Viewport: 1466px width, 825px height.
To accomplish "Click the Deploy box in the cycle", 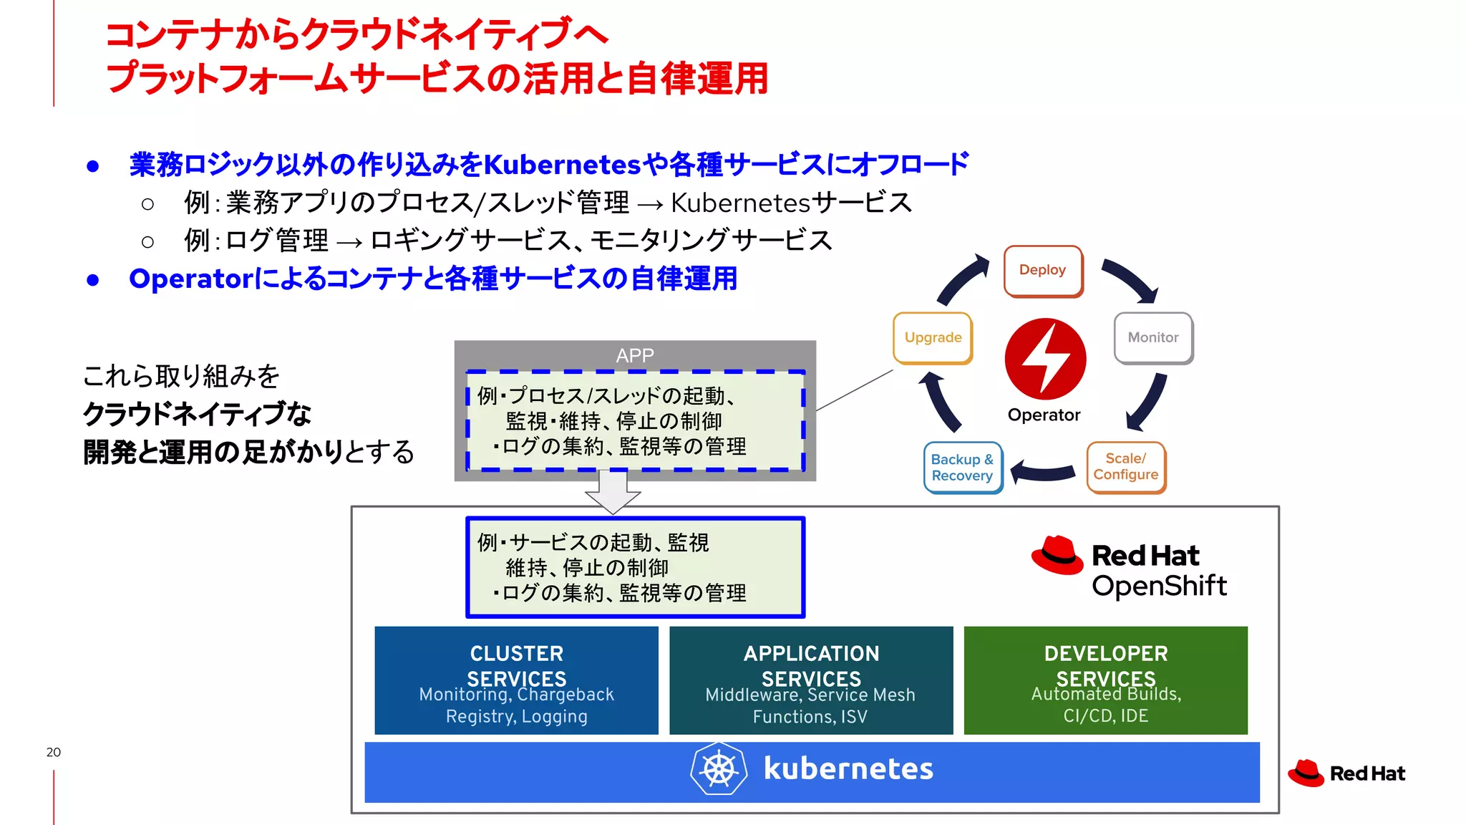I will point(1043,271).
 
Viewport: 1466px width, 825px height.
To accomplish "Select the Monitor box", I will point(1153,337).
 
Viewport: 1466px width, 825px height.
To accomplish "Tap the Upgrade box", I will point(933,337).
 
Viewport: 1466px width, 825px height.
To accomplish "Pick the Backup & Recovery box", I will point(962,468).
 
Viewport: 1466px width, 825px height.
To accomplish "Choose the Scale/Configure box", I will point(1125,467).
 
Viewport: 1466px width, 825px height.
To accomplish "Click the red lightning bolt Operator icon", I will point(1045,359).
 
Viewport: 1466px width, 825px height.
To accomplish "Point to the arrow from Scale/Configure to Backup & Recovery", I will point(1043,472).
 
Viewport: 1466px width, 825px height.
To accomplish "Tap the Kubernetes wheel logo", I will point(719,769).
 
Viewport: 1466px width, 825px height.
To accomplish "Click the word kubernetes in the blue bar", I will point(848,769).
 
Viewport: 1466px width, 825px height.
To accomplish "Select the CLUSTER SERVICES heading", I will point(516,665).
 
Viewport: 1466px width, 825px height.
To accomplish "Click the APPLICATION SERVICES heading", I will point(811,665).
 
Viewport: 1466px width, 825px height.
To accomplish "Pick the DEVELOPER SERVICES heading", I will point(1105,665).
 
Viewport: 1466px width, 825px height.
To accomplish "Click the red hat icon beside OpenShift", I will point(1057,556).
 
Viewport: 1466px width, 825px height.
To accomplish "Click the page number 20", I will point(53,752).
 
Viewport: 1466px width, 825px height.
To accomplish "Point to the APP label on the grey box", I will point(634,355).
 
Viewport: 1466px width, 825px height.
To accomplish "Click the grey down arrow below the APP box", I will point(613,493).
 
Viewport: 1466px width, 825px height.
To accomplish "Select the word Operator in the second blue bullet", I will point(190,279).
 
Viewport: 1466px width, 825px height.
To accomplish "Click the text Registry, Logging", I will point(516,716).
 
